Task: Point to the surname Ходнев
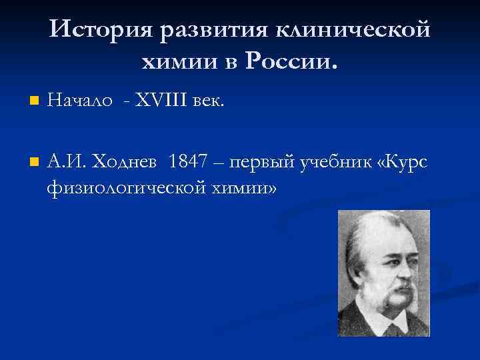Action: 126,162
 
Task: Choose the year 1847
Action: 189,162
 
